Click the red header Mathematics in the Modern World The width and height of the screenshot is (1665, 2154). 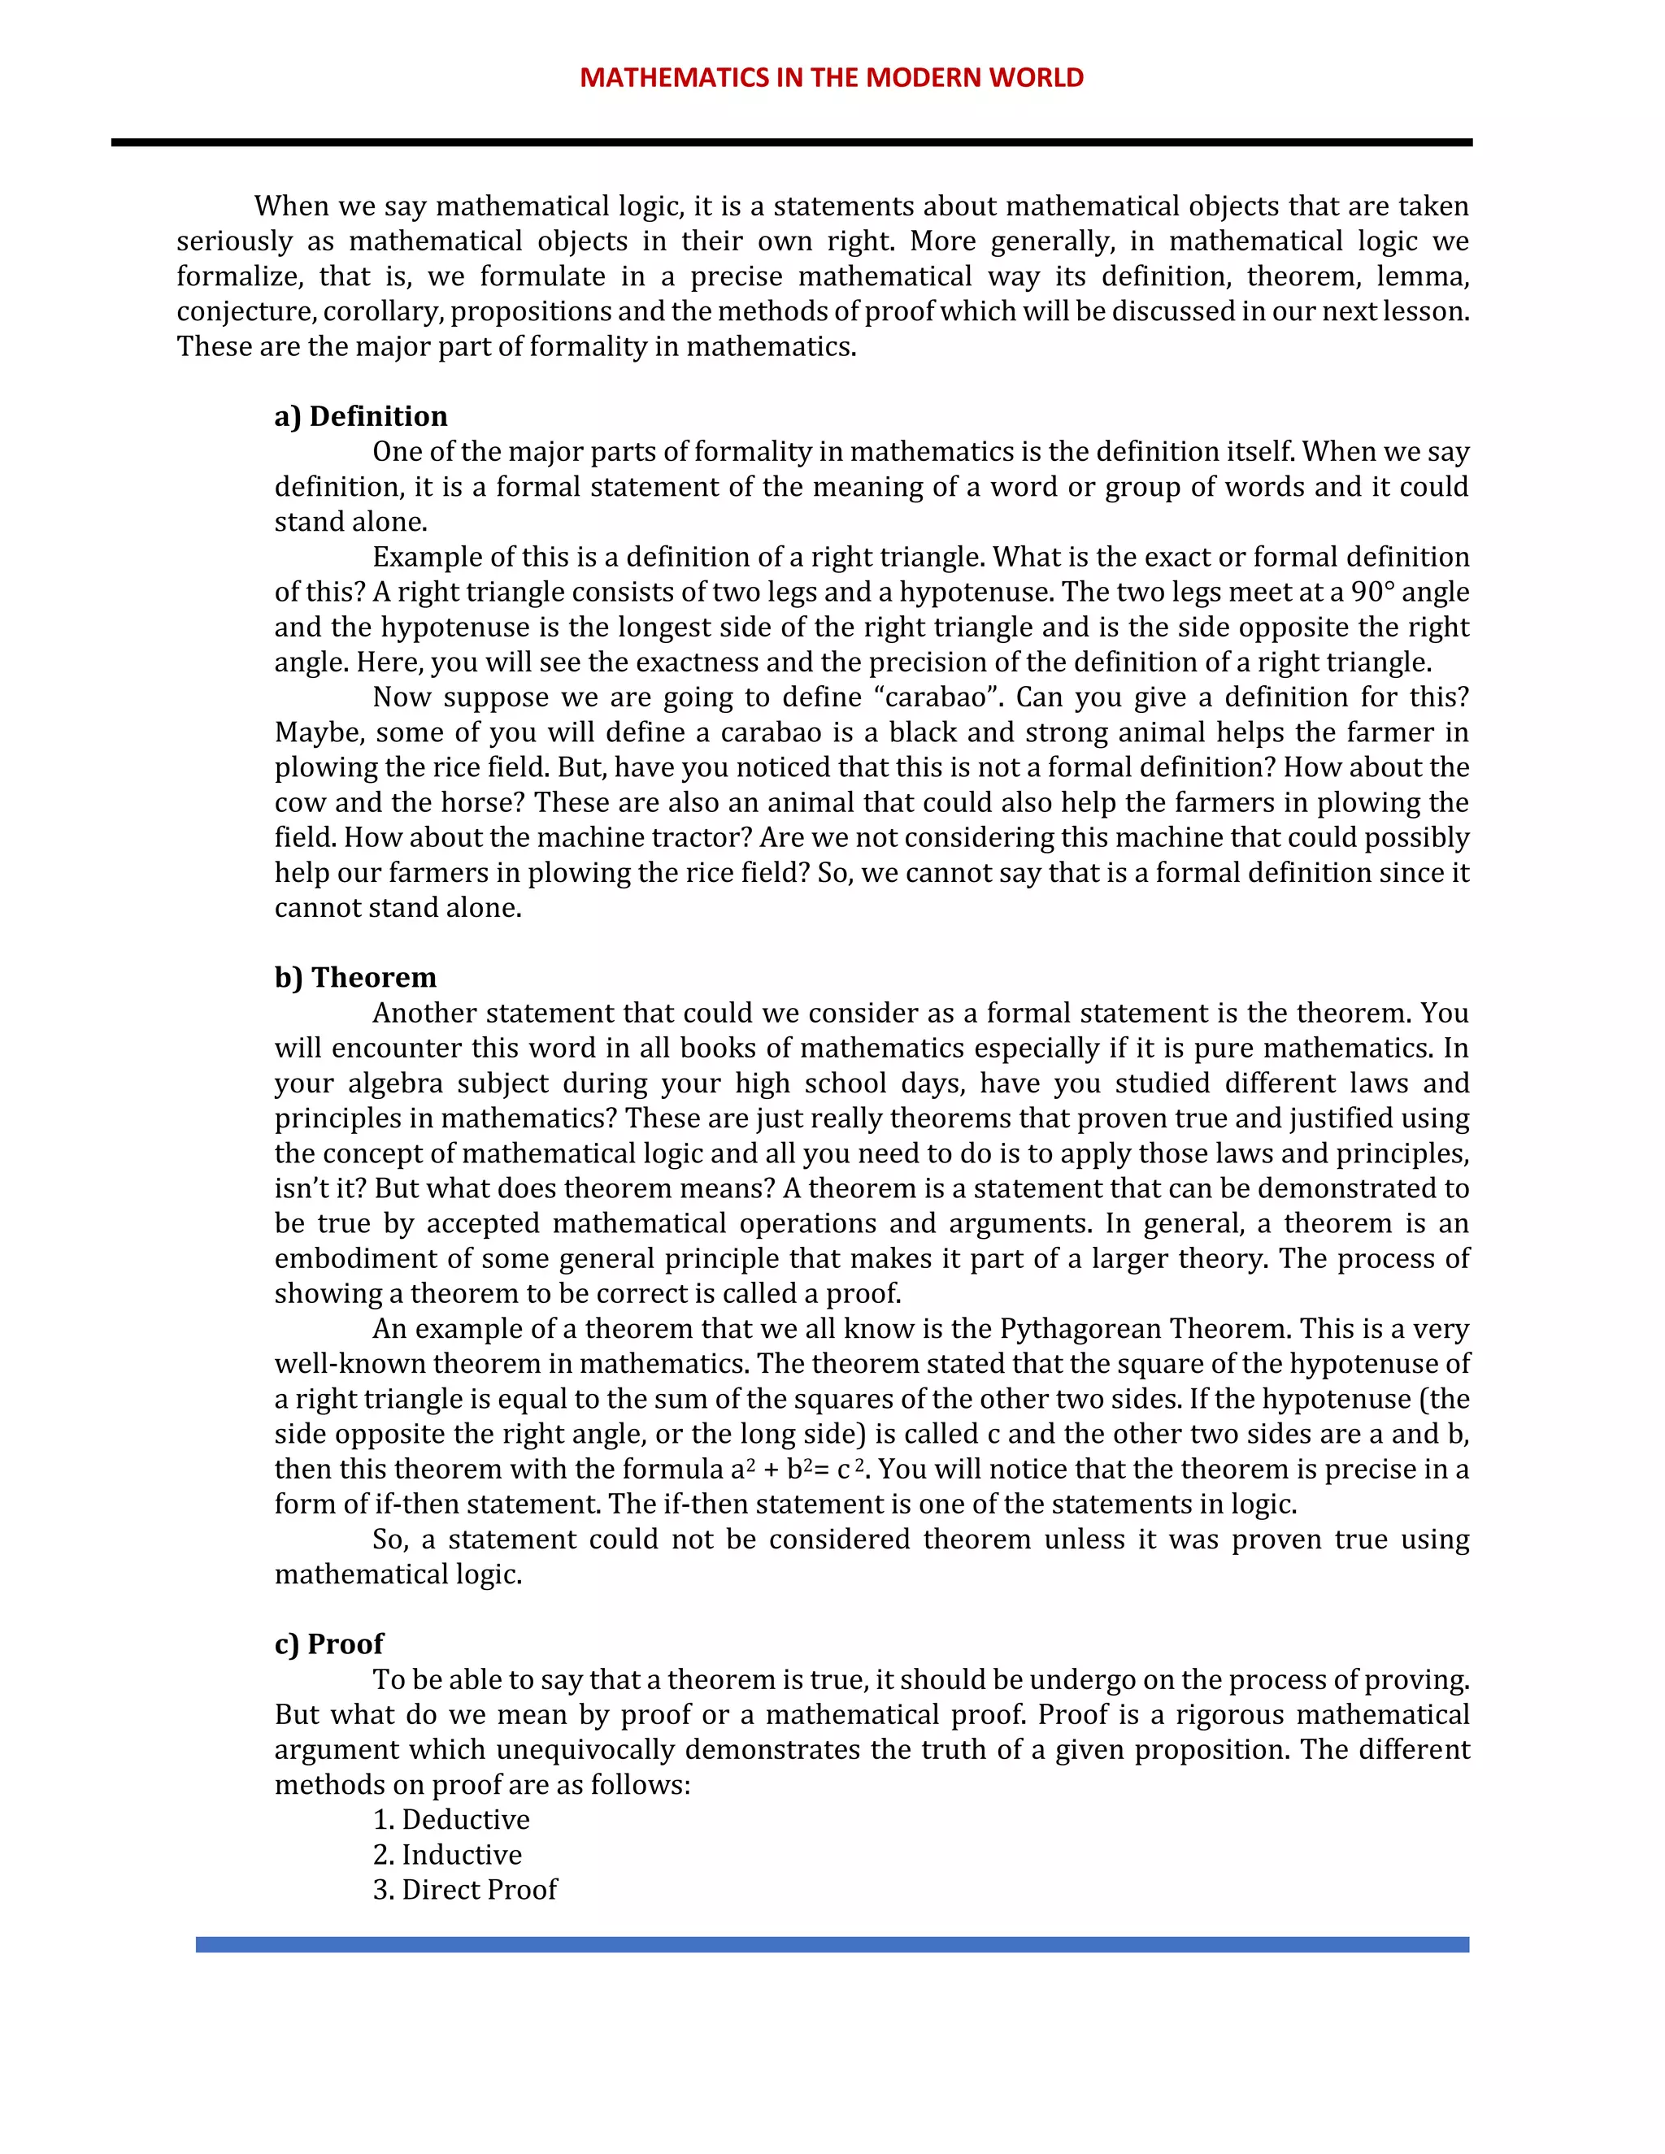pos(832,78)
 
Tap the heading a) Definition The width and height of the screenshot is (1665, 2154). pos(360,416)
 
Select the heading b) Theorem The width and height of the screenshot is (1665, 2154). pos(355,977)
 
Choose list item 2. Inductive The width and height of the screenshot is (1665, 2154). pos(447,1855)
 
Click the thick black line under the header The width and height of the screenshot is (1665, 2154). pos(791,143)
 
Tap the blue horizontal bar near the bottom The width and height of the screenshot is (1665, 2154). pos(832,1945)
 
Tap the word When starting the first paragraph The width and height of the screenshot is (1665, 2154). pos(292,206)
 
